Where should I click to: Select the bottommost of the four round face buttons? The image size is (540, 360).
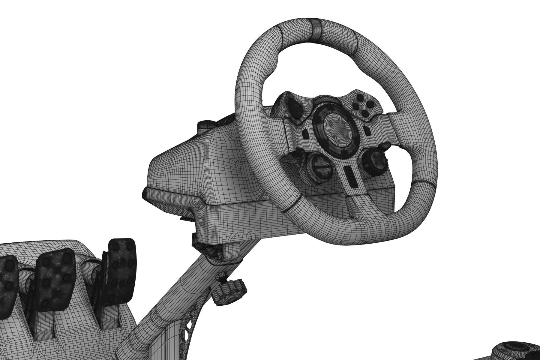click(365, 113)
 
